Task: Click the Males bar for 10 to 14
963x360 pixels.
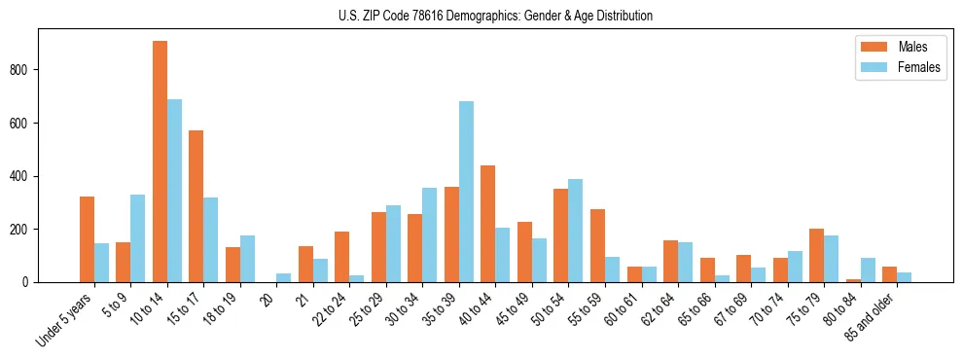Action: pos(160,162)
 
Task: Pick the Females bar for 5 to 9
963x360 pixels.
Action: pos(138,238)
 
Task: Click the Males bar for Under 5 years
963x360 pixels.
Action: pos(87,239)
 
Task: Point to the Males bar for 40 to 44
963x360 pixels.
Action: pos(488,224)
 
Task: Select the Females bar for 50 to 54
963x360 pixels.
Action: pos(576,231)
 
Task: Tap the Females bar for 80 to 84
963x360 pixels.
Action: pos(868,270)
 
